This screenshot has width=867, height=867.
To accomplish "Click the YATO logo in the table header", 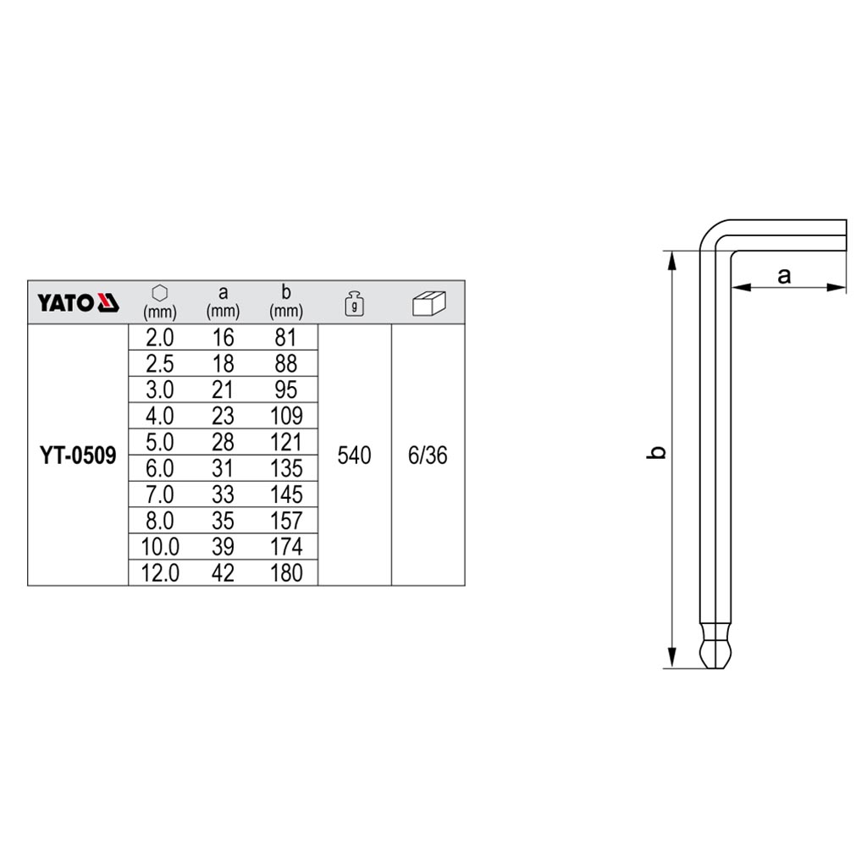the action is pyautogui.click(x=78, y=302).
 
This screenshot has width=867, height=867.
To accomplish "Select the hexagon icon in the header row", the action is pyautogui.click(x=160, y=292).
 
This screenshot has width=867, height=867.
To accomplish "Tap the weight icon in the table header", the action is pyautogui.click(x=354, y=303).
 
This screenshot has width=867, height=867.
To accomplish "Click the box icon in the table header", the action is pyautogui.click(x=428, y=303).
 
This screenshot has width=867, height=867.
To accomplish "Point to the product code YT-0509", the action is pyautogui.click(x=78, y=456).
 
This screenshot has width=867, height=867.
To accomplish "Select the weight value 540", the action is pyautogui.click(x=354, y=456).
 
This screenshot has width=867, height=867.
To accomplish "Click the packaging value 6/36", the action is pyautogui.click(x=428, y=456).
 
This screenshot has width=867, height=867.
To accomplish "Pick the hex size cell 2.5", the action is pyautogui.click(x=160, y=364).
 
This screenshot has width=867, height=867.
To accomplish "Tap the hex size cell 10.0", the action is pyautogui.click(x=160, y=547).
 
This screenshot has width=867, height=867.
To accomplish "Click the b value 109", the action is pyautogui.click(x=286, y=416).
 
